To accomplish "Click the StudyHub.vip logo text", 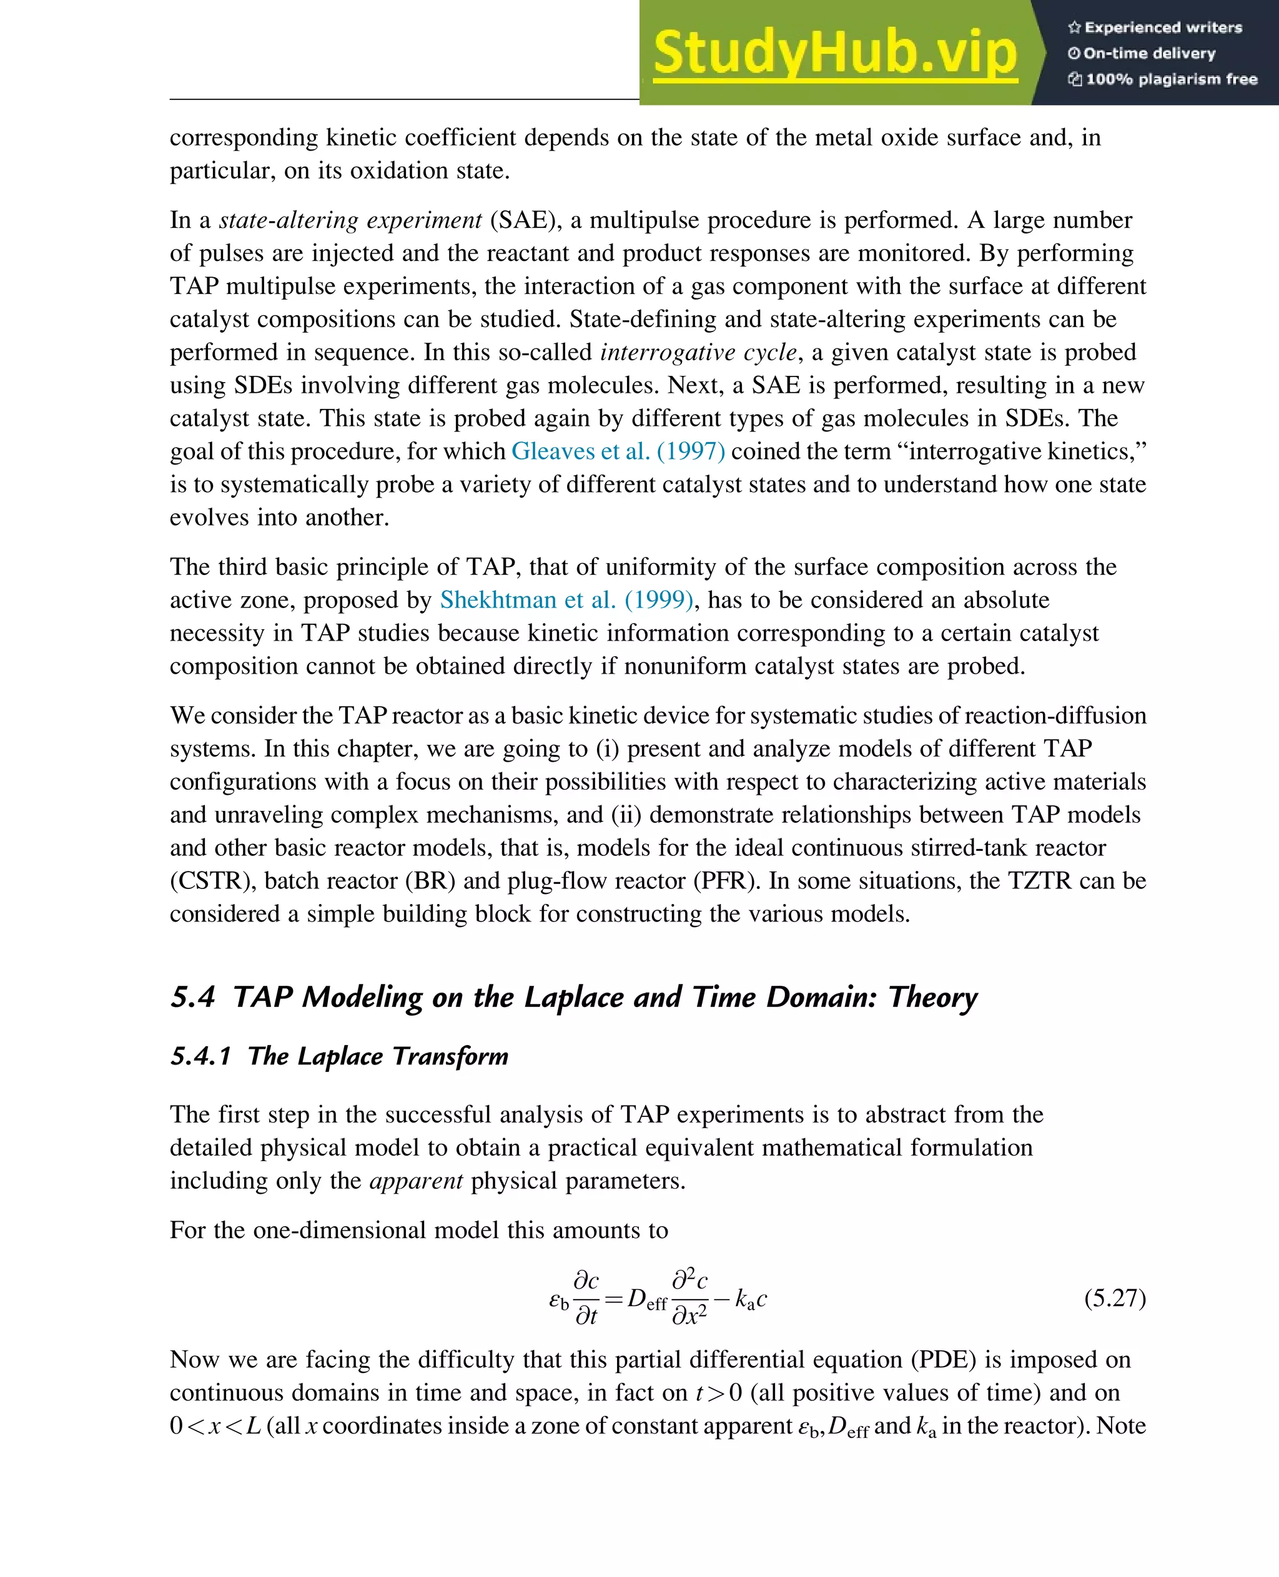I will point(835,53).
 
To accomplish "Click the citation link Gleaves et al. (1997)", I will point(618,451).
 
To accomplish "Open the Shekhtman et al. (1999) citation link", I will point(566,599).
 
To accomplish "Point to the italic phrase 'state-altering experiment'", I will point(350,220).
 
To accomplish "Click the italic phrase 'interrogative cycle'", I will point(698,352).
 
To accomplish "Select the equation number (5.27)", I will point(1115,1297).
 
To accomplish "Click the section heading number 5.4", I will point(192,996).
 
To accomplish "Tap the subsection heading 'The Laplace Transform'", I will point(377,1056).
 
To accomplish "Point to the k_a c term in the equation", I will point(751,1299).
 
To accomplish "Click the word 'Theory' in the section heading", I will point(933,996).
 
